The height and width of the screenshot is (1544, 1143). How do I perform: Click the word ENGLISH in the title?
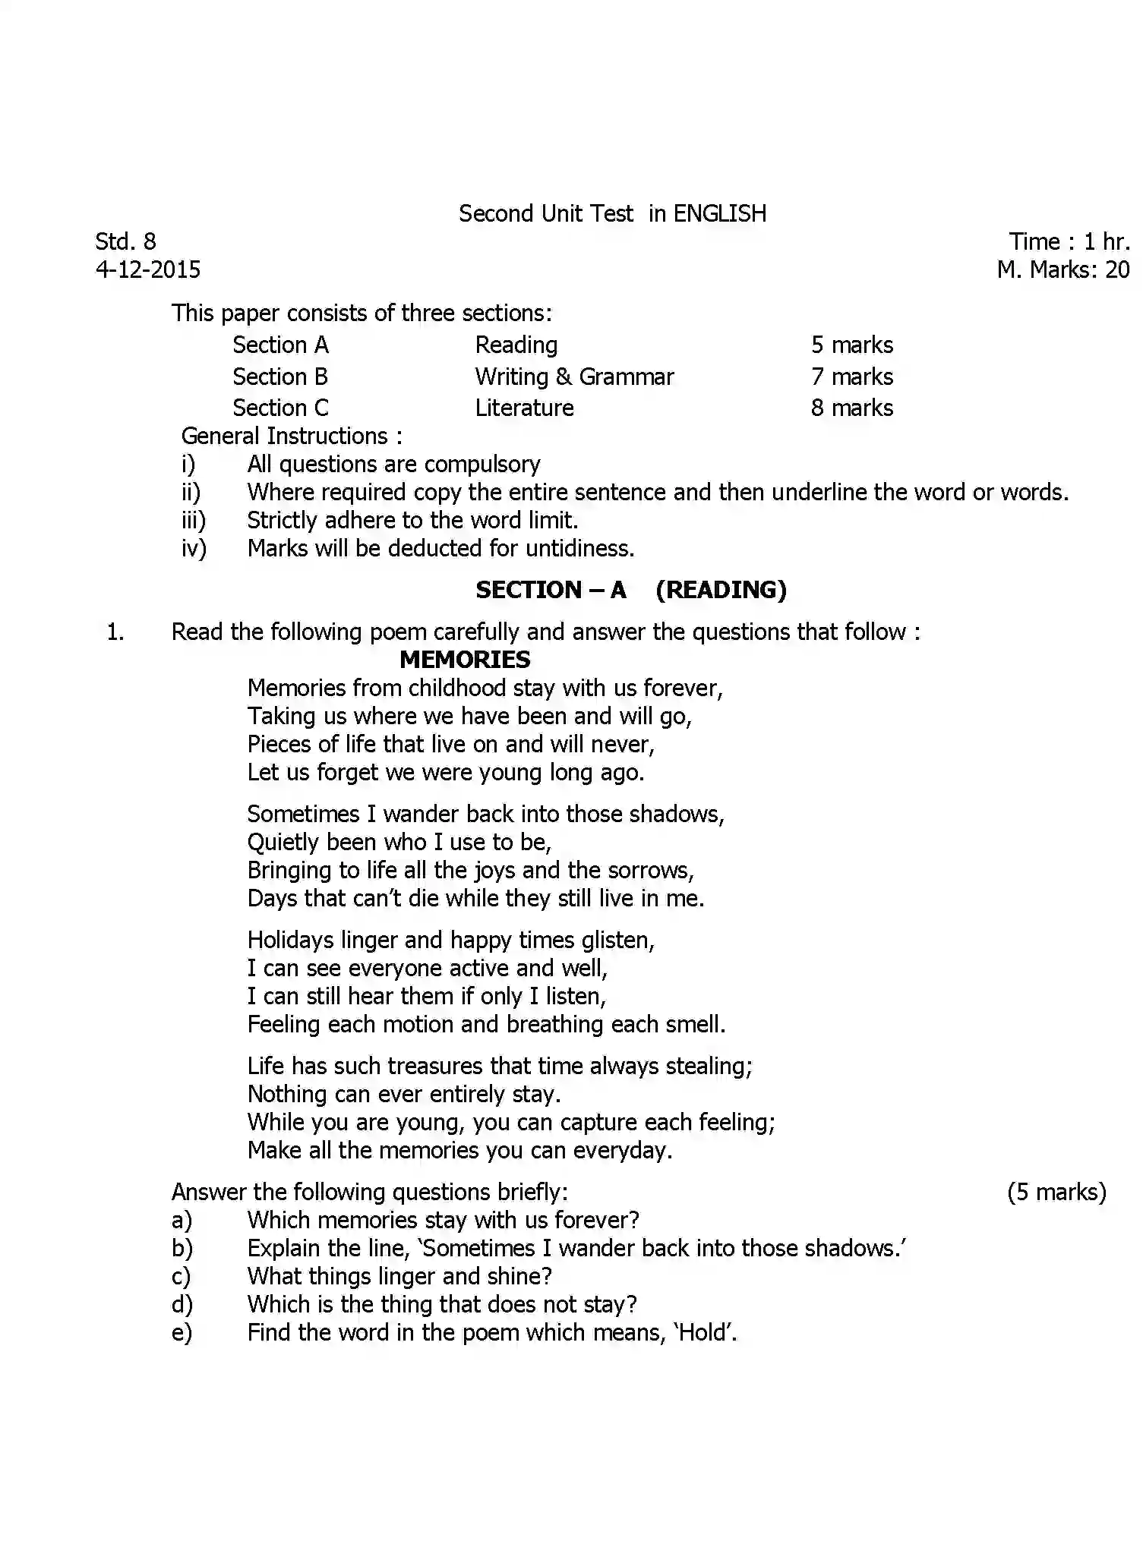[719, 214]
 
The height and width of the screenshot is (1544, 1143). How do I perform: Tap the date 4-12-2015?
[148, 269]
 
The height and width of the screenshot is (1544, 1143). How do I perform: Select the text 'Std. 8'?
[125, 241]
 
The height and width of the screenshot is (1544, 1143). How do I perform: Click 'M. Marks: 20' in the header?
[1062, 269]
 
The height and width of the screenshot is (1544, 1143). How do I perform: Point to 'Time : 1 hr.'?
[1069, 241]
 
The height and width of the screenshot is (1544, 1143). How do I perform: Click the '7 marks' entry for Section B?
[851, 377]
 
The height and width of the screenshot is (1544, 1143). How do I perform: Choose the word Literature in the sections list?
[524, 408]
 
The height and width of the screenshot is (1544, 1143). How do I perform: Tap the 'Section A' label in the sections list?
[280, 345]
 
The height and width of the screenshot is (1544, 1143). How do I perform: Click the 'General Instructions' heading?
[291, 436]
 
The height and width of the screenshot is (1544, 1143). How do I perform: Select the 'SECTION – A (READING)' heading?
[630, 590]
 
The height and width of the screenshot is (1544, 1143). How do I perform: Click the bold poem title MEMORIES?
[465, 660]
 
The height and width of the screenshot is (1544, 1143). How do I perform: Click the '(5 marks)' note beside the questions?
[1056, 1193]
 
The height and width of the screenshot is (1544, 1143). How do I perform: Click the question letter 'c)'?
[182, 1277]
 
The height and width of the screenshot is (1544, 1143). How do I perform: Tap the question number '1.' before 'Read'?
[115, 632]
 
